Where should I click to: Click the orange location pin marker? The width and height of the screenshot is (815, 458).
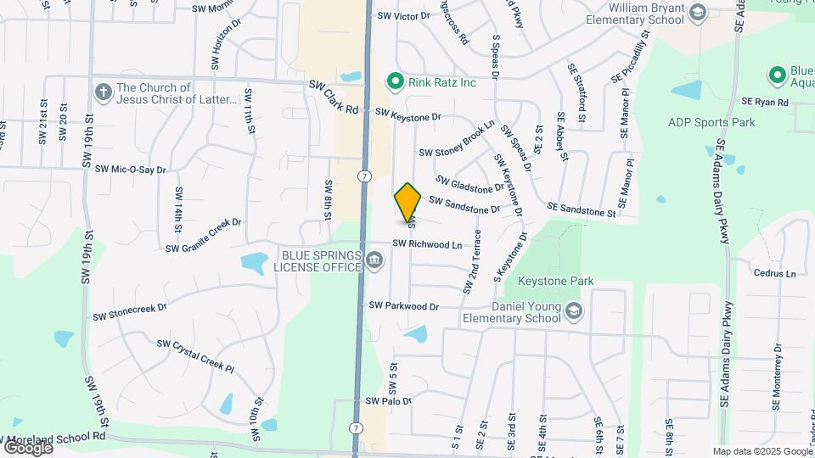[408, 202]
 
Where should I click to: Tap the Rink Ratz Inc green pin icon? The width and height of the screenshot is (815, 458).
[395, 81]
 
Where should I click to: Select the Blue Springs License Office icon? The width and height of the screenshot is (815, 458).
[374, 262]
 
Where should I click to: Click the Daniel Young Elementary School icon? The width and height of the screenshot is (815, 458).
[574, 311]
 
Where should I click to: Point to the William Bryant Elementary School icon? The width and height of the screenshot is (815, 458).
[697, 12]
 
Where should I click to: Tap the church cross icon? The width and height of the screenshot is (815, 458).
[104, 92]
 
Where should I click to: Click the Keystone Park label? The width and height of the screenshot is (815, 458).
[557, 281]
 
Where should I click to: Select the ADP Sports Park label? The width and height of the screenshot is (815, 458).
[711, 123]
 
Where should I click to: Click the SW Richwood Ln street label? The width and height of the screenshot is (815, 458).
[427, 244]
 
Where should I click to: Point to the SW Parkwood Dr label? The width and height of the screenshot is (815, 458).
[403, 305]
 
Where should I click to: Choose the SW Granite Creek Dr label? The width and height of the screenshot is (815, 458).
[204, 236]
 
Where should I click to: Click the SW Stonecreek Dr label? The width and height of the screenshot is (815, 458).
[130, 312]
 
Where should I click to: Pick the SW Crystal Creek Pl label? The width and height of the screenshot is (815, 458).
[194, 355]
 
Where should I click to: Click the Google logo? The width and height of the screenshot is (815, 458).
[28, 447]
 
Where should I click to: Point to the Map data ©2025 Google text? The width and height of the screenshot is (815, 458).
[762, 451]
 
